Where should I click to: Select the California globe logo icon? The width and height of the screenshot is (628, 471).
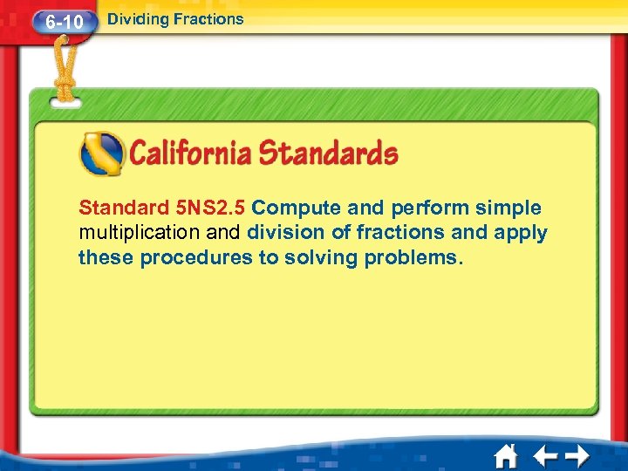point(102,154)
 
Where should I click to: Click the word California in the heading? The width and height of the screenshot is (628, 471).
point(191,154)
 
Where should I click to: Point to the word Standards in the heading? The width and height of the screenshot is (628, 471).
point(329,154)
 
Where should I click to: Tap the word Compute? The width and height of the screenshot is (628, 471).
point(297,208)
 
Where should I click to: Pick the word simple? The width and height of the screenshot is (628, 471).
point(509,208)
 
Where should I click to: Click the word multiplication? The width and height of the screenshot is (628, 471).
point(140,233)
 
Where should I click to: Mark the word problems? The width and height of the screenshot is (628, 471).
point(414,258)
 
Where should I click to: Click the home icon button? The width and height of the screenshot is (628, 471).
point(505,456)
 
